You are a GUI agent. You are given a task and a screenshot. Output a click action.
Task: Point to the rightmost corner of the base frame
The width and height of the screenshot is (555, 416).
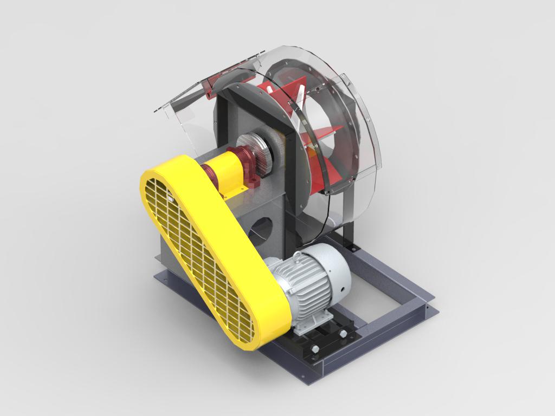[434, 309]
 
